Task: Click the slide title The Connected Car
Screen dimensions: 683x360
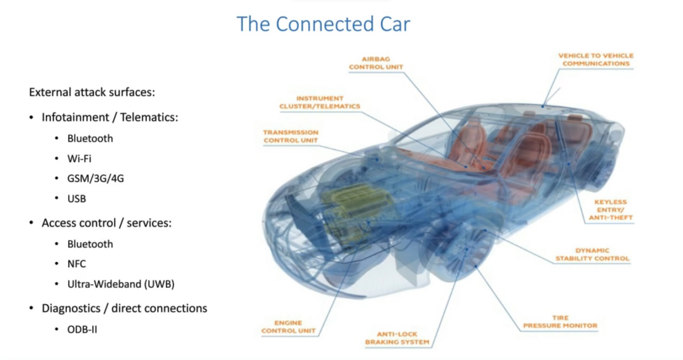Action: pos(323,24)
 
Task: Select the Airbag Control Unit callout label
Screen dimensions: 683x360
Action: pos(376,63)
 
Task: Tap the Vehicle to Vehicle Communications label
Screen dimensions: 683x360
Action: pos(596,59)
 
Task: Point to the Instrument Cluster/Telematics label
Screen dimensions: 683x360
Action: pos(319,102)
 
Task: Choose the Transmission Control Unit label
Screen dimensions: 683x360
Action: pos(291,136)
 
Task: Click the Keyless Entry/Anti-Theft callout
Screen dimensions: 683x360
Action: pos(610,210)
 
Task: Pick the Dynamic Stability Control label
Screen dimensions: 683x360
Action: pos(592,254)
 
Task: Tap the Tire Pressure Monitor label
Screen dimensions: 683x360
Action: pos(560,322)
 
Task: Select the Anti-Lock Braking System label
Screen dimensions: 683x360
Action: pos(397,338)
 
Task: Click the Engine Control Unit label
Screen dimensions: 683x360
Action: pos(288,327)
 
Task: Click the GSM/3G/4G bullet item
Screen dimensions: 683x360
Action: pos(95,179)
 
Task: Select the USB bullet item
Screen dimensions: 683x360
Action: pos(77,199)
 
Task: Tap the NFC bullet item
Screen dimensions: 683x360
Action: pos(77,264)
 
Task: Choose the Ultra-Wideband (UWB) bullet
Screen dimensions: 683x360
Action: pos(121,284)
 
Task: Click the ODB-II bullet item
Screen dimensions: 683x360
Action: pos(82,329)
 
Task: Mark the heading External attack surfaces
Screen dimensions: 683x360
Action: pos(92,92)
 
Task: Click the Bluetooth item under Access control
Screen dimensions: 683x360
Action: pos(90,244)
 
